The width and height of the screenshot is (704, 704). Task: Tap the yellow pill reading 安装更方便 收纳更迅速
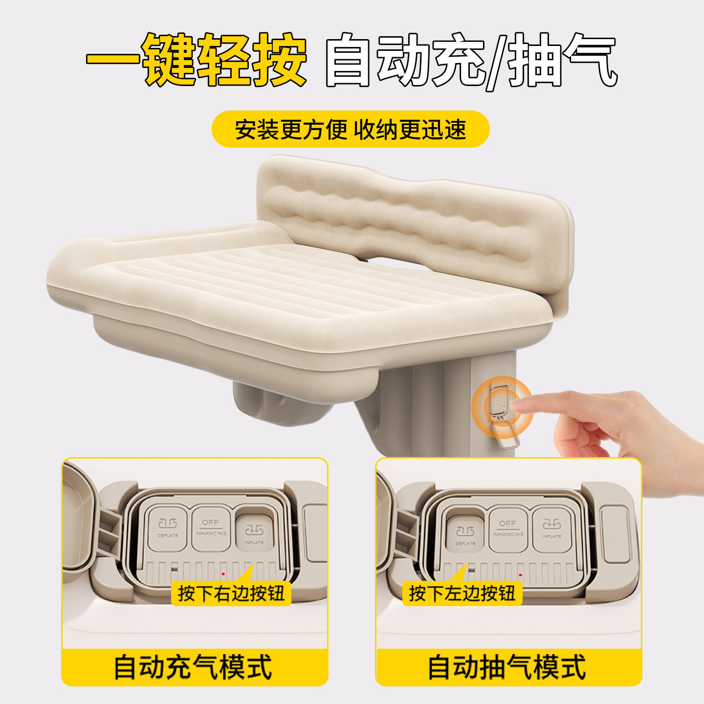[x=350, y=129]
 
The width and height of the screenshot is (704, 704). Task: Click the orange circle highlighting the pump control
[x=502, y=406]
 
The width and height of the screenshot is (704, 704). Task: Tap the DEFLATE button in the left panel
[x=168, y=528]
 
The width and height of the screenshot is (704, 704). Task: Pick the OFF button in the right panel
[x=508, y=528]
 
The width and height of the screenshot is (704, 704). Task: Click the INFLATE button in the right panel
[x=551, y=528]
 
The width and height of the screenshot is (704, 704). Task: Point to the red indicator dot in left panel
[x=223, y=573]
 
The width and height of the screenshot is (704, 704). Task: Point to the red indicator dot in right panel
[x=520, y=574]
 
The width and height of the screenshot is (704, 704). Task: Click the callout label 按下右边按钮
[x=231, y=594]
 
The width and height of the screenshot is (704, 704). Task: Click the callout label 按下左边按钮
[x=462, y=594]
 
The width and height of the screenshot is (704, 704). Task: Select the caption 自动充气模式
[x=194, y=667]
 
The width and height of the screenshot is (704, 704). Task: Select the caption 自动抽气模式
[x=507, y=667]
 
